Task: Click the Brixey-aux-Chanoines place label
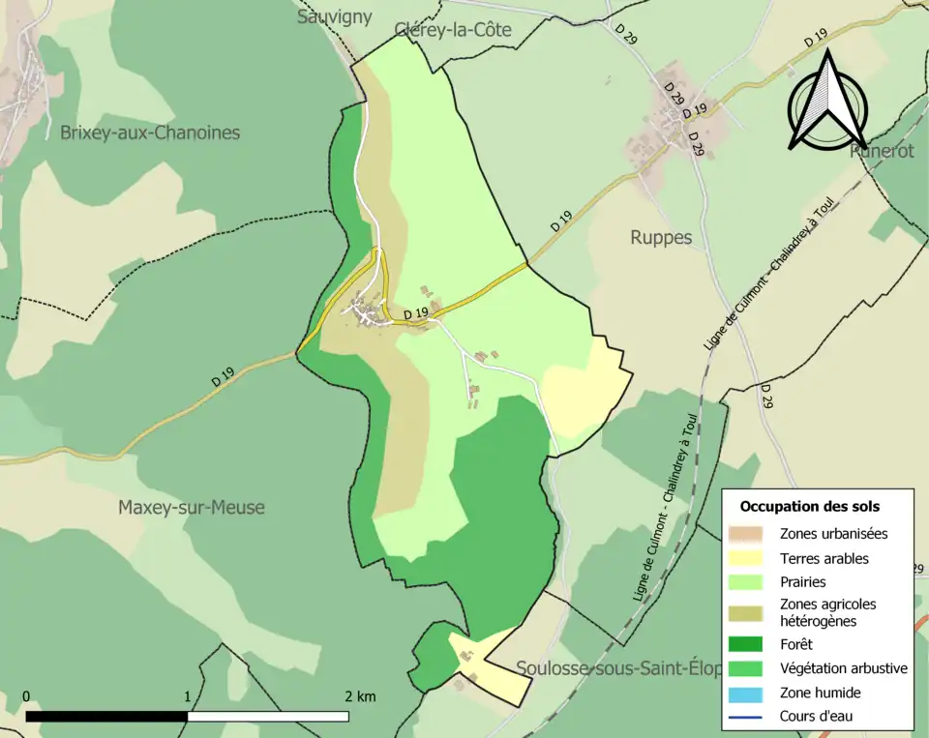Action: click(x=150, y=133)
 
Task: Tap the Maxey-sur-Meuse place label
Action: click(x=191, y=507)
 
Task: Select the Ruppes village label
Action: click(x=661, y=237)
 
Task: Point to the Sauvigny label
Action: click(x=335, y=17)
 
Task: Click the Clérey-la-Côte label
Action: click(x=453, y=30)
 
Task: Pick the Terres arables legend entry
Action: click(x=824, y=558)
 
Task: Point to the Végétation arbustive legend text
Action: click(x=843, y=667)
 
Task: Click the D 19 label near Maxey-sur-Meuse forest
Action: click(x=223, y=380)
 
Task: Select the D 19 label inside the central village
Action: click(x=415, y=312)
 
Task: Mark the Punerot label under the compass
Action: click(x=882, y=150)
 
